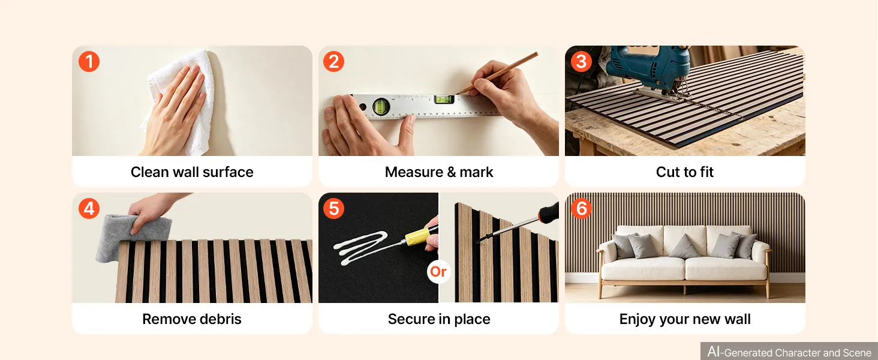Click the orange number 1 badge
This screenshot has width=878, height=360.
89,62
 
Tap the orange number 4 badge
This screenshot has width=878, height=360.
89,208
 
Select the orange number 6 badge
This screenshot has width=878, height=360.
581,208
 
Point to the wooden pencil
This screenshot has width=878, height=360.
498,73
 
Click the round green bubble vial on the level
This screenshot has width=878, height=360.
381,106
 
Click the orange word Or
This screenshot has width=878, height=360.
438,271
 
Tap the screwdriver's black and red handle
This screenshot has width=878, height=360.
549,212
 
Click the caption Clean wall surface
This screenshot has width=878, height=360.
192,172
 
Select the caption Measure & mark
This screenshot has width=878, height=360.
439,172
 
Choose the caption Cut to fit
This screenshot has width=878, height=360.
685,172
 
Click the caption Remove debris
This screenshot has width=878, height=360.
192,319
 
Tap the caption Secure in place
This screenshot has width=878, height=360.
439,319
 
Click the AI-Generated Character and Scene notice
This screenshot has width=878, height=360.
789,352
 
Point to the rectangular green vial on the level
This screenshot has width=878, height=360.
444,100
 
